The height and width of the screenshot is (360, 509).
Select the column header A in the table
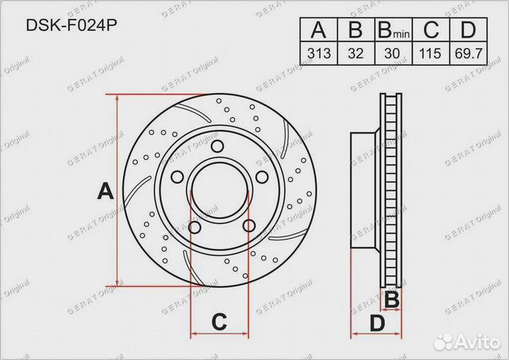pyautogui.click(x=319, y=30)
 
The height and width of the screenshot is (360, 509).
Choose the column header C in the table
pyautogui.click(x=431, y=30)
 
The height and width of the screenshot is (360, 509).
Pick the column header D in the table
pyautogui.click(x=468, y=30)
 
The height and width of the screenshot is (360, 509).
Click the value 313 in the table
pyautogui.click(x=319, y=53)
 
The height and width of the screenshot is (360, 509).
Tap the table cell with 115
pyautogui.click(x=431, y=53)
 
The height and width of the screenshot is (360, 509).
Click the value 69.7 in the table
pyautogui.click(x=468, y=53)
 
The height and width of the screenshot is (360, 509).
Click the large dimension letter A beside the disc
pyautogui.click(x=105, y=191)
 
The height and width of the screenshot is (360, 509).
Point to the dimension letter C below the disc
pyautogui.click(x=219, y=323)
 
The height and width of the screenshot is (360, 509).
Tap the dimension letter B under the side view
pyautogui.click(x=391, y=300)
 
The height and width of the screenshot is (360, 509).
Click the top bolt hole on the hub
pyautogui.click(x=219, y=147)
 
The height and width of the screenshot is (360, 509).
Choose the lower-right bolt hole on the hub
pyautogui.click(x=248, y=226)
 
